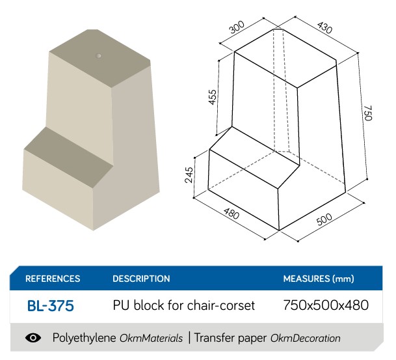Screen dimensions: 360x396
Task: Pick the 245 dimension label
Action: (x=189, y=173)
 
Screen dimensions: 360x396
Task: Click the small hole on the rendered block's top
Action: (x=99, y=56)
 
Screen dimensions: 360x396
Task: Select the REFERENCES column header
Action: (x=53, y=279)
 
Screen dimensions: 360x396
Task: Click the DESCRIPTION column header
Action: (x=141, y=279)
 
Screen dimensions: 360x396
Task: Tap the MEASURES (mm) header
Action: (x=319, y=279)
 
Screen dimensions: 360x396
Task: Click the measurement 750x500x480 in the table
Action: (x=326, y=305)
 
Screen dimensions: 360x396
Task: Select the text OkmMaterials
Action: (x=152, y=339)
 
